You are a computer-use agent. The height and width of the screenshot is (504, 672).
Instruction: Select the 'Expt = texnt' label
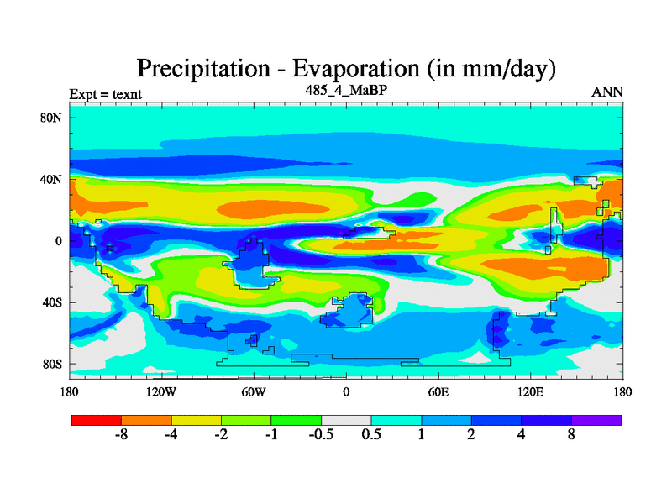coord(105,94)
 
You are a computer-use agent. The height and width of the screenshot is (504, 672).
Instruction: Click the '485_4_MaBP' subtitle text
coord(346,89)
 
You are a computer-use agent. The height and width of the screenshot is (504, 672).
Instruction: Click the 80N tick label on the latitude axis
coord(52,118)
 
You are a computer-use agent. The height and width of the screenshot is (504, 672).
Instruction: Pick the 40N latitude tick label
coord(52,179)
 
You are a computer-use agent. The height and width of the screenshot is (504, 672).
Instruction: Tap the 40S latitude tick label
coord(52,302)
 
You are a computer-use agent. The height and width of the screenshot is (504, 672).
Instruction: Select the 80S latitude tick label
coord(52,364)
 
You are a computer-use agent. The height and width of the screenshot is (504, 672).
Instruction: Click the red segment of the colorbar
coord(96,419)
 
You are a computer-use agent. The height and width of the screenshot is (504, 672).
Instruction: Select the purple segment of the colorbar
coord(596,419)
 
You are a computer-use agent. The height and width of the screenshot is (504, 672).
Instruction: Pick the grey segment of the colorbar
coord(346,419)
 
